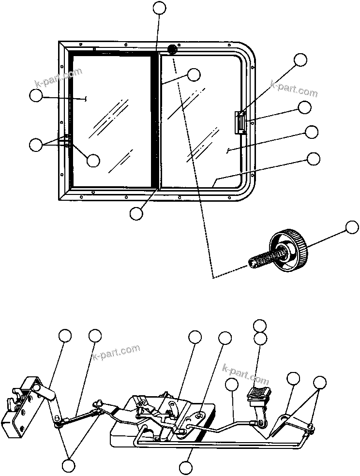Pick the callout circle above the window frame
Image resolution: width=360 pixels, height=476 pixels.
tap(159, 7)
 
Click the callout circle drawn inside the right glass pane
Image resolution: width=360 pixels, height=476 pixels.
tap(194, 74)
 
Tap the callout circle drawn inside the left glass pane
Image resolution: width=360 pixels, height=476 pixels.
tap(93, 160)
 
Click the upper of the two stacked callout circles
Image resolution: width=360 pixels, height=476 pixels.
tap(260, 326)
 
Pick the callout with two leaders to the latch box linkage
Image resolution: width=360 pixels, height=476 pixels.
tap(69, 466)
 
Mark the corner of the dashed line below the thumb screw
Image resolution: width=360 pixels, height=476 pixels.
tap(213, 277)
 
